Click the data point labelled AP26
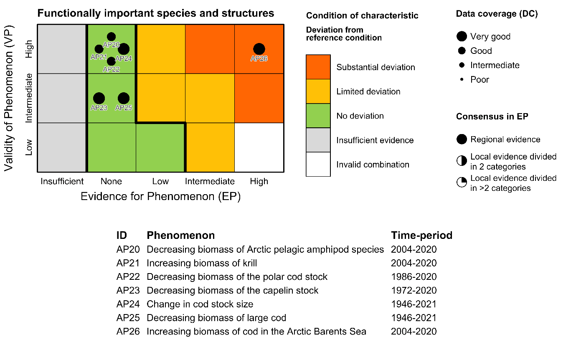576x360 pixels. point(259,49)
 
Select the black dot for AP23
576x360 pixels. point(99,98)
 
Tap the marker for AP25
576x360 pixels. point(123,98)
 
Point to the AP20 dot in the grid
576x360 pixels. point(111,37)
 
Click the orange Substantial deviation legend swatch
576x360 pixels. point(318,67)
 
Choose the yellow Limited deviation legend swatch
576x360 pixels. point(318,91)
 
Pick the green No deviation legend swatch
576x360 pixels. point(318,116)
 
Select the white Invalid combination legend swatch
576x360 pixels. point(318,165)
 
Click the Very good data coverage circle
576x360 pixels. point(462,36)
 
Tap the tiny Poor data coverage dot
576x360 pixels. point(462,79)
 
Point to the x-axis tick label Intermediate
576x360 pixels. point(210,181)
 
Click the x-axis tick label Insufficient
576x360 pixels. point(62,181)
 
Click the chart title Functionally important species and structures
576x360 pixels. point(156,13)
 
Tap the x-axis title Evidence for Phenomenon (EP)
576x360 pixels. point(160,197)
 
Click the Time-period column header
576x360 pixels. point(421,235)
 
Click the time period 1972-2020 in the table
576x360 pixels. point(414,291)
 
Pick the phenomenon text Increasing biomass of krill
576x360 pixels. point(202,263)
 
